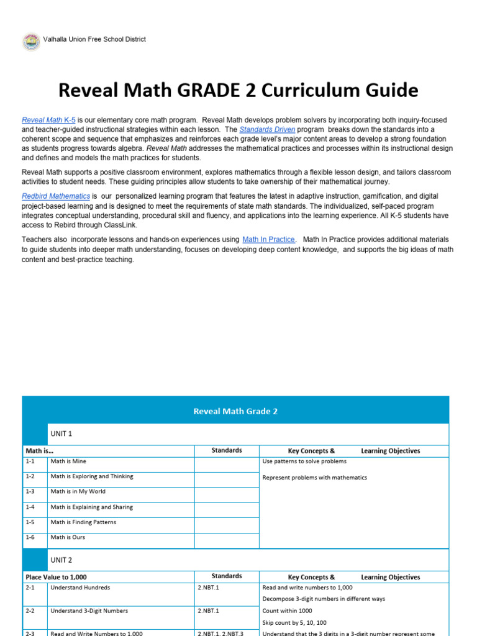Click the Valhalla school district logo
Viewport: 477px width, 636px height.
point(31,42)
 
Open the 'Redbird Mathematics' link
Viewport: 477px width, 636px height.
point(56,196)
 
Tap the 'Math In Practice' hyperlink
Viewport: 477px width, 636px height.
point(268,239)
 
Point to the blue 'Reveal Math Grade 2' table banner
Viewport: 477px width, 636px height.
point(235,411)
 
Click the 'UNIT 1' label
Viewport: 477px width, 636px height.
point(61,434)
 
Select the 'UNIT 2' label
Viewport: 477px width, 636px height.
point(61,560)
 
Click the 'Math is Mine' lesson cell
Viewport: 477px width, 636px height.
point(68,461)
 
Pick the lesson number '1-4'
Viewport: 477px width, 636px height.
point(30,507)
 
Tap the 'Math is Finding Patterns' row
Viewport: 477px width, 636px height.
point(83,522)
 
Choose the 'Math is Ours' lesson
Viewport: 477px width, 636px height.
point(68,537)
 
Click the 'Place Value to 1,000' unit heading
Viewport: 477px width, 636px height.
point(56,577)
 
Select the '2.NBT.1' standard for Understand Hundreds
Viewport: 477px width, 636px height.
point(208,588)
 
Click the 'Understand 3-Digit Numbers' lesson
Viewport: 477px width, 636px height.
point(89,611)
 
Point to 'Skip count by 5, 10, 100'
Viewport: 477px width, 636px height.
point(294,622)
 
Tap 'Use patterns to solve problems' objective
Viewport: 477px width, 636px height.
point(304,461)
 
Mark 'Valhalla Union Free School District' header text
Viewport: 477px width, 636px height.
point(94,39)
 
